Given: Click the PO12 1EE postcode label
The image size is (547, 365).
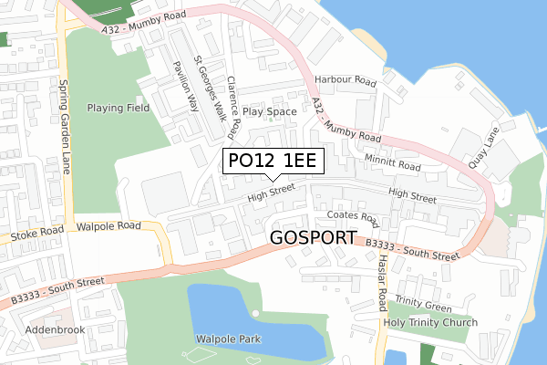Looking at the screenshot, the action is point(272,161).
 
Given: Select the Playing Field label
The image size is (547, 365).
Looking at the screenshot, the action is point(119,108).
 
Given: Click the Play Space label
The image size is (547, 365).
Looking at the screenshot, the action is point(270,111).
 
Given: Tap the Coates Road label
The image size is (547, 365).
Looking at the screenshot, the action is point(352,217).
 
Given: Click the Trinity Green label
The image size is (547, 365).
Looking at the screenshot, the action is point(424,307).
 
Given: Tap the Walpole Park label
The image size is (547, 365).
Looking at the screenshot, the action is point(228,339).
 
